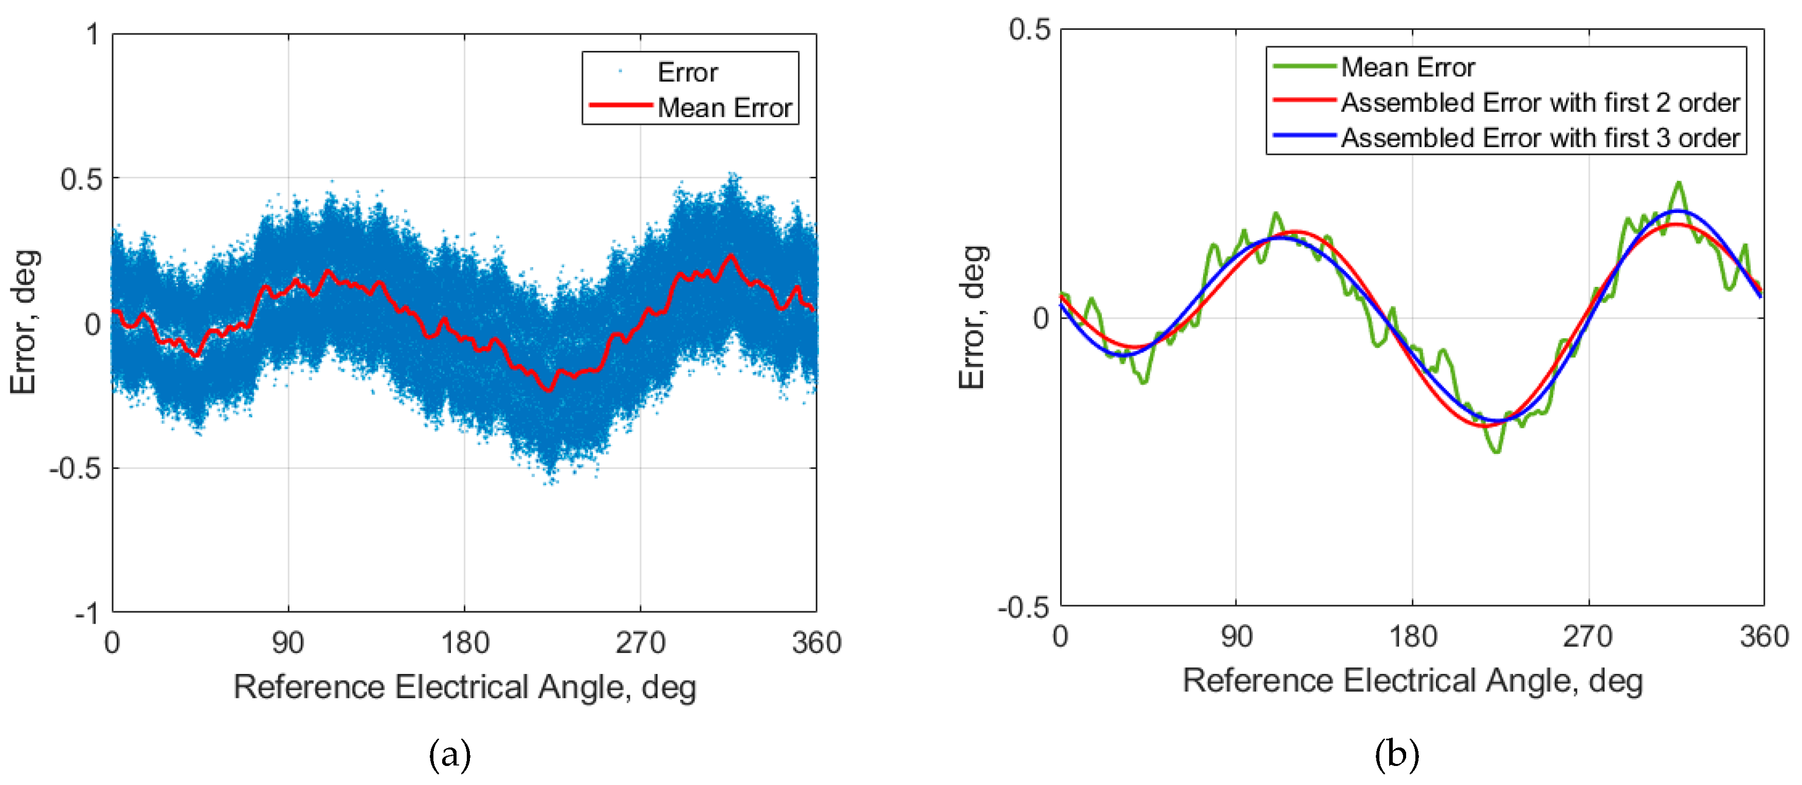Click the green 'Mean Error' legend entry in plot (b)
tap(1408, 67)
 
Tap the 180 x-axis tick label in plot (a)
tap(464, 642)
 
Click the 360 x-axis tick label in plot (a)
tap(816, 642)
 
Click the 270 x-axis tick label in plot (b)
tap(1588, 636)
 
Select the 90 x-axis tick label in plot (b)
tap(1236, 636)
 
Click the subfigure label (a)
tap(449, 755)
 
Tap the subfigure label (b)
tap(1396, 755)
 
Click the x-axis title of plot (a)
tap(464, 686)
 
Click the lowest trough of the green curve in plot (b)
tap(1496, 452)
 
